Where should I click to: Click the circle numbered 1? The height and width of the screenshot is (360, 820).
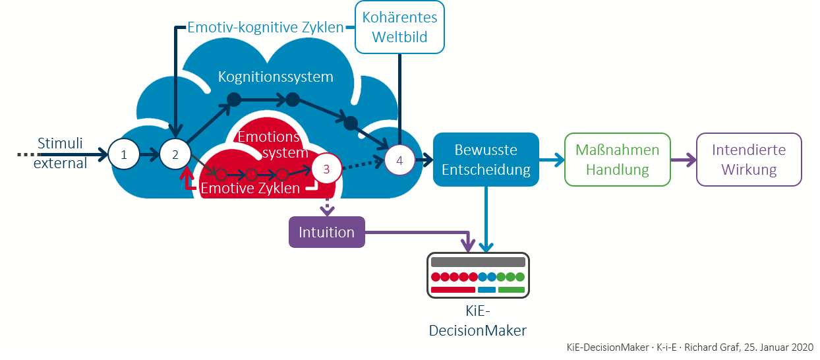[x=123, y=155]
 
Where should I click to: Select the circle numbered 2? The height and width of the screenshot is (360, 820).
[x=175, y=155]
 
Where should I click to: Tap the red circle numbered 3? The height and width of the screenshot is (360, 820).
[x=326, y=168]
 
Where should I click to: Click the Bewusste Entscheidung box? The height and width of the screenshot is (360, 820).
[x=486, y=159]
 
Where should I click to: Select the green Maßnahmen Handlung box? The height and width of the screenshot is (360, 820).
[x=617, y=159]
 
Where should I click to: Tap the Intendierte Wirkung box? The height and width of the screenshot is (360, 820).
[x=749, y=159]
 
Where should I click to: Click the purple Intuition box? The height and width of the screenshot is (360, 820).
[x=326, y=232]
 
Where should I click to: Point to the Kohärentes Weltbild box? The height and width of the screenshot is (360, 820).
[x=399, y=26]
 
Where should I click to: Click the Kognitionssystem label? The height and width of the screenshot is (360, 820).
[x=276, y=77]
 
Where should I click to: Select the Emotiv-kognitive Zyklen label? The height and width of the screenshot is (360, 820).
[x=266, y=28]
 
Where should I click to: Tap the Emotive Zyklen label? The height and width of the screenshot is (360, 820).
[x=250, y=188]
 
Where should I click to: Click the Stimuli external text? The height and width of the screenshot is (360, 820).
[x=60, y=153]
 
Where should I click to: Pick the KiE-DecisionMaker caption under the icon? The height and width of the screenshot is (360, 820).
[x=477, y=322]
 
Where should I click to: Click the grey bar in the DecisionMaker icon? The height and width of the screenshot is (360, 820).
[x=477, y=261]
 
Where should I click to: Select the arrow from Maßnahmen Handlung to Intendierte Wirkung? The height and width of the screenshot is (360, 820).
[x=684, y=159]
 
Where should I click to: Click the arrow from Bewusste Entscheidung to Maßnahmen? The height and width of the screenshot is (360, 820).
[x=552, y=159]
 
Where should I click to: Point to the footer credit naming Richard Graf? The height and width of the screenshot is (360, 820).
[x=689, y=347]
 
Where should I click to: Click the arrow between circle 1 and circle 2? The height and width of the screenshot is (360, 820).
[x=149, y=155]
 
